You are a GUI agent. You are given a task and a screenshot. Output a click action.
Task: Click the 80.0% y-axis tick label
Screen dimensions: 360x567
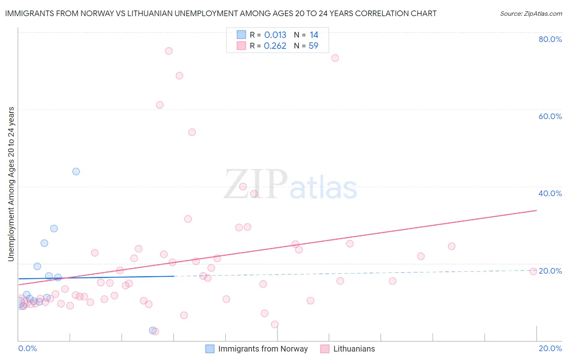[550, 39]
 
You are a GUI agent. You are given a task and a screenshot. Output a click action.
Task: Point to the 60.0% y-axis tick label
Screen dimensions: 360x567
[550, 116]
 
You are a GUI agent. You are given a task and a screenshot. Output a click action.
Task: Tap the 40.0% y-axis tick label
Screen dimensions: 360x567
[550, 193]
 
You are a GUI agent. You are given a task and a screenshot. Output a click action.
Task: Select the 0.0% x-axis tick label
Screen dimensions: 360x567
[27, 348]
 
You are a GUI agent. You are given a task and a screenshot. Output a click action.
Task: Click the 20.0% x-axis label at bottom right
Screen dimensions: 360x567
[550, 348]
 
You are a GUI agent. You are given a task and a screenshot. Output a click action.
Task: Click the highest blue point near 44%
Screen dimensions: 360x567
[76, 172]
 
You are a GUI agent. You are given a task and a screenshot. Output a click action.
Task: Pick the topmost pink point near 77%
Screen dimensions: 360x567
[169, 51]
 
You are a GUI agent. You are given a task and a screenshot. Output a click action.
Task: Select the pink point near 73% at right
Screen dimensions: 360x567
[335, 58]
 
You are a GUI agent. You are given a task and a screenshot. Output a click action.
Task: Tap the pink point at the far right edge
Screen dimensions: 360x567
[533, 271]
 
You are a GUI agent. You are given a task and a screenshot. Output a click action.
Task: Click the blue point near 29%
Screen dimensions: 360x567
[54, 228]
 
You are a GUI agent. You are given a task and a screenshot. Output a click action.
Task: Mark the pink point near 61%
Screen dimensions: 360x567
[160, 105]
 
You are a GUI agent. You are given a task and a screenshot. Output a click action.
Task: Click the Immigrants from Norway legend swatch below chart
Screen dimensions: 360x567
[210, 349]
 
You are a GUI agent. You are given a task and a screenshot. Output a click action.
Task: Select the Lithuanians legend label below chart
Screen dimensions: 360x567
[354, 349]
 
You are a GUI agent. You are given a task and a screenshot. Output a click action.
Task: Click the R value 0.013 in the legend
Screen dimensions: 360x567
[275, 35]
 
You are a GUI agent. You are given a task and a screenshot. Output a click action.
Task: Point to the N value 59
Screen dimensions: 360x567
[313, 46]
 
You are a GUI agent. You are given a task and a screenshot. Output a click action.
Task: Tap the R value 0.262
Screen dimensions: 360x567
[275, 46]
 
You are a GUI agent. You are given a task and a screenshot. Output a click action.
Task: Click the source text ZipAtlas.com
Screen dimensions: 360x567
[531, 14]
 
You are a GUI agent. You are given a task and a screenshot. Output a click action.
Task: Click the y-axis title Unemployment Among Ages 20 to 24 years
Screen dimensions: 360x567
[11, 184]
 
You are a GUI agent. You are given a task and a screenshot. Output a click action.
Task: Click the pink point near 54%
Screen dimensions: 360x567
[192, 132]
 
